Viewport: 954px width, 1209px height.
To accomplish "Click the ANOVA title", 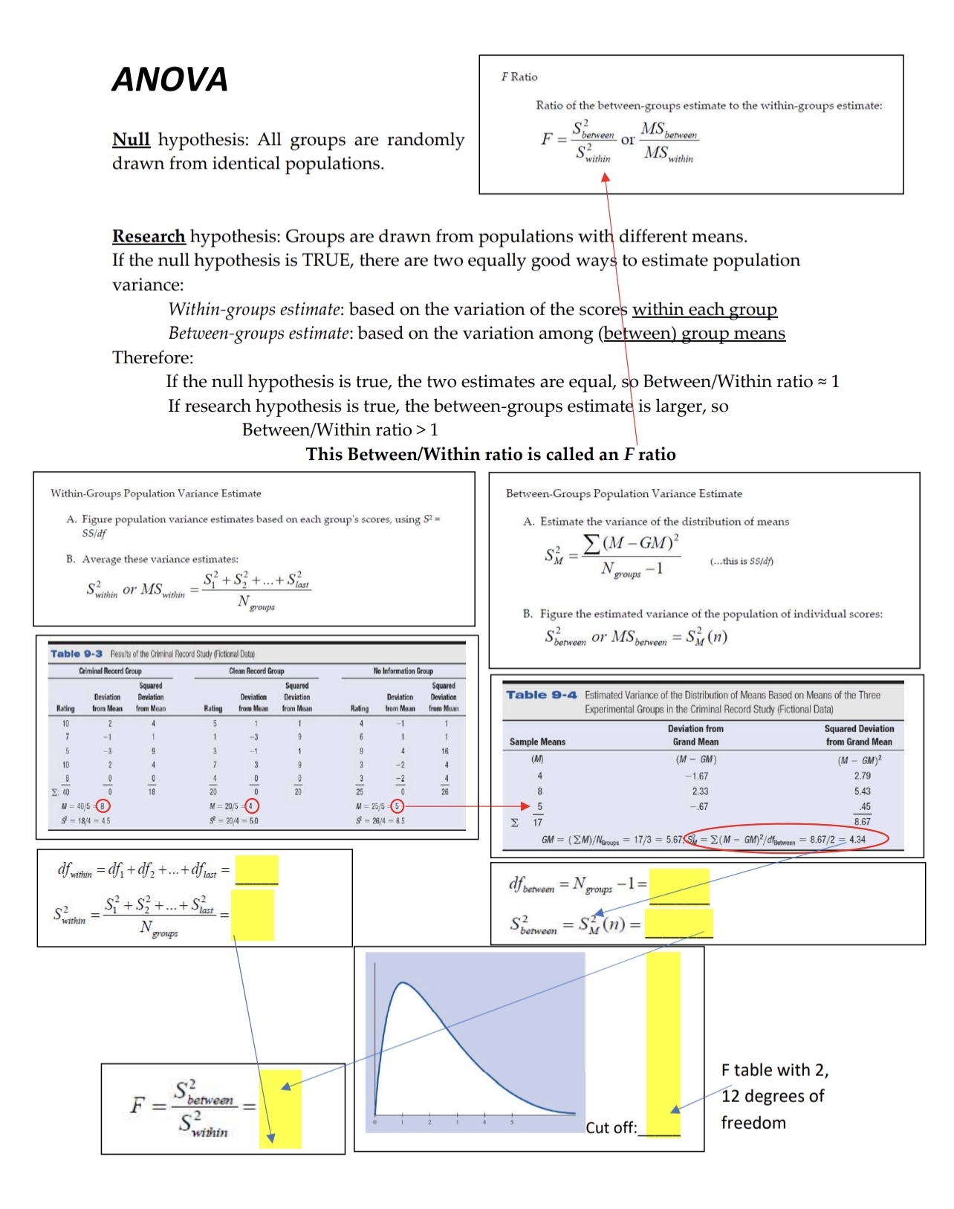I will coord(169,80).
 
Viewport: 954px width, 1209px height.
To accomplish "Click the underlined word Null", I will coord(131,140).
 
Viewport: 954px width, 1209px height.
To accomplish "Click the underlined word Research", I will coord(148,236).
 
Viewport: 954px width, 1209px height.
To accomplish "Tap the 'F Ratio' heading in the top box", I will coord(519,77).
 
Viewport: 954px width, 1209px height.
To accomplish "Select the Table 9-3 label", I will coord(76,654).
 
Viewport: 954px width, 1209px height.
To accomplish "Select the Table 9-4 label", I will coord(541,695).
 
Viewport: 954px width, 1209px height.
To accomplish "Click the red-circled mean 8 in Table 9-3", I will coord(103,806).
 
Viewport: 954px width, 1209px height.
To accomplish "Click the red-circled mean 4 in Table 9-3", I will coord(251,806).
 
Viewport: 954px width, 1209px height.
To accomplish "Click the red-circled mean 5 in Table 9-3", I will coord(397,806).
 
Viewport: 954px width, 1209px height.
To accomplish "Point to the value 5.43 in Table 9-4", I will coord(862,791).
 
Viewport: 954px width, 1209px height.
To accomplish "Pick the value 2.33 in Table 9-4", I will coord(700,791).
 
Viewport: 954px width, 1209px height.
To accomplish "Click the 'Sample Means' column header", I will coord(537,742).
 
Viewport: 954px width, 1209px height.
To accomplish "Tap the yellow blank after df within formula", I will coord(256,869).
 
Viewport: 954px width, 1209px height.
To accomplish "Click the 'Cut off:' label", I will coord(611,1127).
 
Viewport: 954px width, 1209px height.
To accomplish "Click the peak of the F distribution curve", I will coord(402,982).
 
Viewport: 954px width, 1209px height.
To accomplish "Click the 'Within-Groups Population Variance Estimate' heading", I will coord(155,493).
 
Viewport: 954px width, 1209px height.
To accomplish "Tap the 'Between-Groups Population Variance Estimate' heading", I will coord(623,493).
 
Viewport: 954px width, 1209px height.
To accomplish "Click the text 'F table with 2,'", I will coord(774,1070).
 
